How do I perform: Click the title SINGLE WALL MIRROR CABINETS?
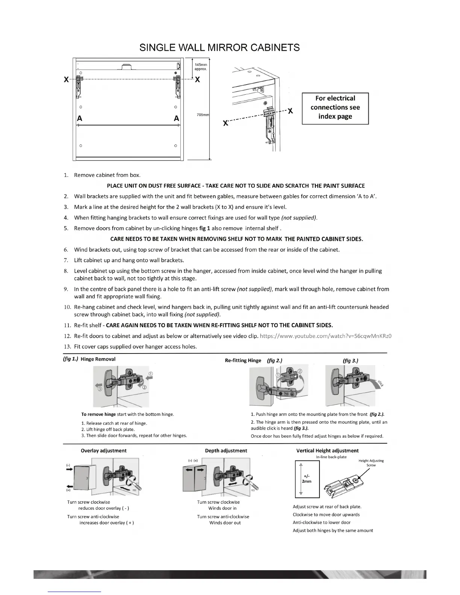click(219, 48)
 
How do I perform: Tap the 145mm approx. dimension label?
click(201, 67)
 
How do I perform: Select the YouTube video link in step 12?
click(325, 336)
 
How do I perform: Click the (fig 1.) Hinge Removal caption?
click(89, 359)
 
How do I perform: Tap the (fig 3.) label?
click(350, 361)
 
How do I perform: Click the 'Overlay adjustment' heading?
click(104, 451)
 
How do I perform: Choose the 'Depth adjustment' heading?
click(226, 451)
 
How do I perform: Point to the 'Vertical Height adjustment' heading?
click(327, 451)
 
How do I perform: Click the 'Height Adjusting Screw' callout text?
click(371, 463)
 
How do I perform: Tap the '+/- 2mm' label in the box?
click(307, 479)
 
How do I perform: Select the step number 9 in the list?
click(66, 289)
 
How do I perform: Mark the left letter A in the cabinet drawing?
click(80, 119)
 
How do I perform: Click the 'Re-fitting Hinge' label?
click(243, 361)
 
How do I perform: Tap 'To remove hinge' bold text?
click(98, 414)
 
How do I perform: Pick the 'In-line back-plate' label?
click(331, 457)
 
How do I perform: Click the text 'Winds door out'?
click(225, 523)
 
